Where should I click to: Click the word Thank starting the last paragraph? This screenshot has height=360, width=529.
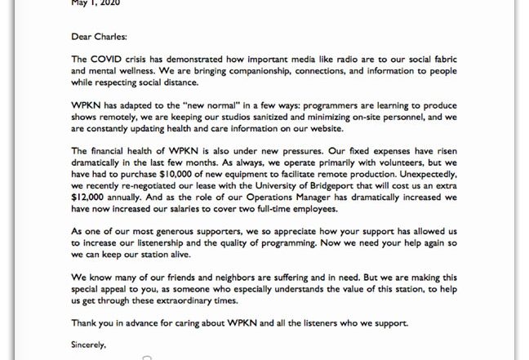coord(85,322)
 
